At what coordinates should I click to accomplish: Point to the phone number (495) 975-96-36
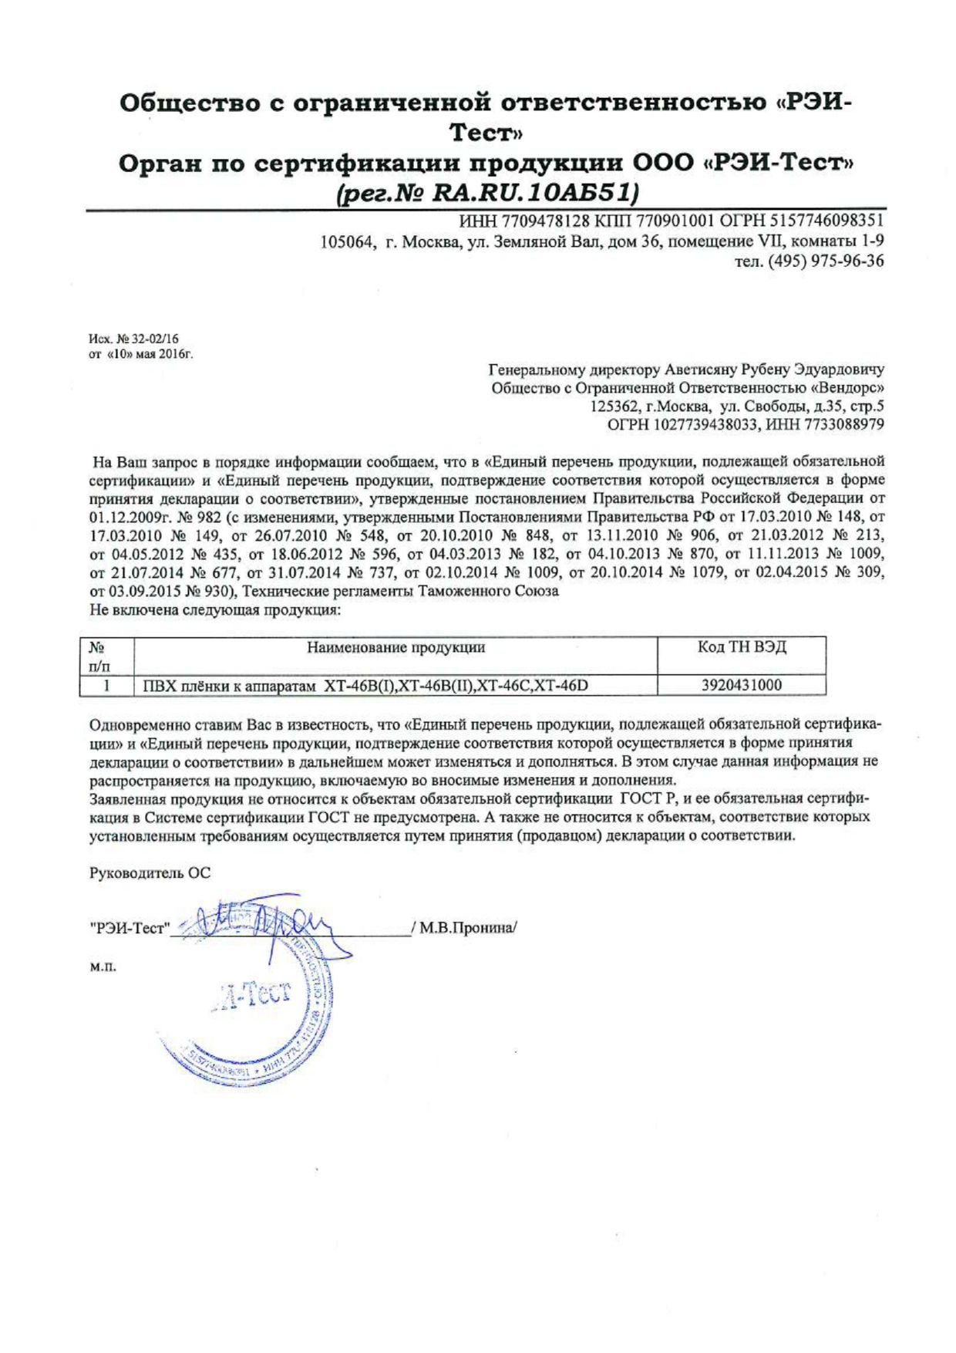pos(824,261)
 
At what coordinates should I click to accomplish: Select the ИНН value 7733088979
pos(844,424)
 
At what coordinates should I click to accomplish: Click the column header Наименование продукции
pos(396,647)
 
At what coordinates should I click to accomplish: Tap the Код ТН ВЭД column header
pos(742,646)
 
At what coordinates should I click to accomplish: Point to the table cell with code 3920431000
pos(742,685)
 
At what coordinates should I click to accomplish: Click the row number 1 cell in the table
pos(106,685)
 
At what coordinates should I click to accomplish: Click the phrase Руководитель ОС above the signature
pos(150,873)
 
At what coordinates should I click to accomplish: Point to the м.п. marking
pos(103,967)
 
